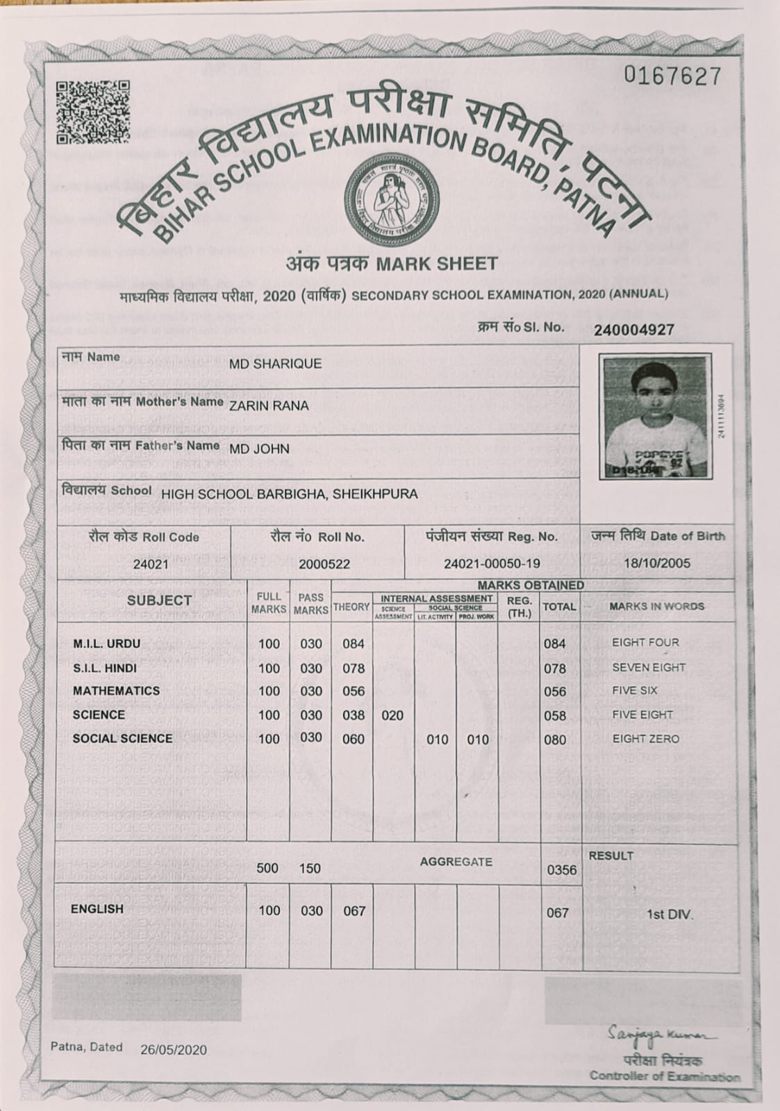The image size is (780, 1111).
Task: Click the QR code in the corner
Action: [92, 111]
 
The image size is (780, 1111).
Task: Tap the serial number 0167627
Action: [672, 76]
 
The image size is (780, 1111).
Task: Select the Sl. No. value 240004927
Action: [633, 330]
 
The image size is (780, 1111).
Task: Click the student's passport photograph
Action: [656, 418]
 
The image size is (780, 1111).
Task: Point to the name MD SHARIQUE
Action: [275, 364]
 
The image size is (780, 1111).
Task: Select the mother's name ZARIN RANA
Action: [269, 406]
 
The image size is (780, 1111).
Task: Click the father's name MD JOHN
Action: [259, 449]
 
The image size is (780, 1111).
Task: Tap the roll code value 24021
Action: [151, 565]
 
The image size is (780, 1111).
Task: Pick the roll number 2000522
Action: [324, 565]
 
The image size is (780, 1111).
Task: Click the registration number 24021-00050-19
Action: [492, 564]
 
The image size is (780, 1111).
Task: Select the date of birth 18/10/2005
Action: [657, 563]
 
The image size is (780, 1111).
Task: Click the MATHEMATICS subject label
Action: [116, 691]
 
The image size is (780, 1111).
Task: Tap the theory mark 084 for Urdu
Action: [353, 644]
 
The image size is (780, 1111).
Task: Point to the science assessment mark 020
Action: [392, 715]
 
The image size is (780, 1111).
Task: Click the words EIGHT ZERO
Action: [645, 739]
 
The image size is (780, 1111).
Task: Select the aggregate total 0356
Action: [561, 869]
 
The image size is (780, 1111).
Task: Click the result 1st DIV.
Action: [670, 914]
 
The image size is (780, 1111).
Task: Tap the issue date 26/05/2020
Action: [173, 1050]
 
